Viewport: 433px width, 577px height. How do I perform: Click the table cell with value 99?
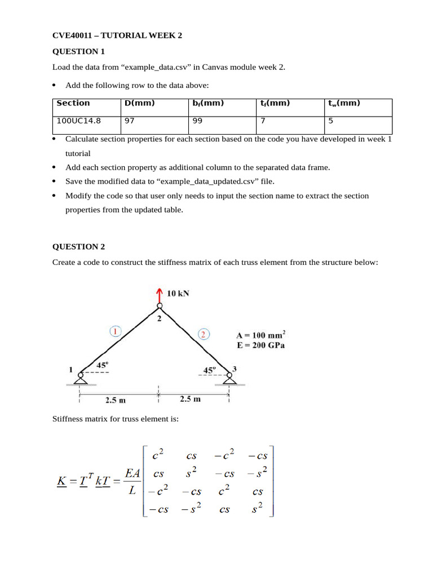coord(197,120)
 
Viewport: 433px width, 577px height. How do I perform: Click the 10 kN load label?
coord(178,293)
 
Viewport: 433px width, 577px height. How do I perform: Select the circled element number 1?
coord(115,331)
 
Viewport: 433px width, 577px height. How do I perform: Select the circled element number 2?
coord(204,334)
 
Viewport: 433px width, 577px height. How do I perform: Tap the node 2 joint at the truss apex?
coord(160,307)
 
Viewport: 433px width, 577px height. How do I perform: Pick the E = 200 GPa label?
coord(260,345)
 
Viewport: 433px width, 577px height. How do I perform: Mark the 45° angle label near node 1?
coord(102,365)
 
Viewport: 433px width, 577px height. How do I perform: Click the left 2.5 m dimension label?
coord(115,401)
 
